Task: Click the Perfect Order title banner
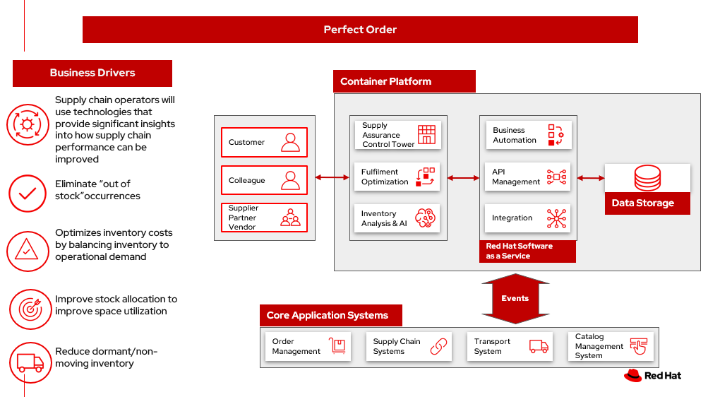[360, 30]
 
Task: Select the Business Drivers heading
[92, 73]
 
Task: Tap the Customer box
[264, 142]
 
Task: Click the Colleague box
[264, 180]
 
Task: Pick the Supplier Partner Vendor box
[264, 218]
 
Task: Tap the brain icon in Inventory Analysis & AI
[426, 218]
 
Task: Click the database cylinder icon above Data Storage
[647, 178]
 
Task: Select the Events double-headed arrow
[515, 298]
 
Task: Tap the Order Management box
[307, 346]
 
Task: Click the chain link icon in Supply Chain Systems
[439, 346]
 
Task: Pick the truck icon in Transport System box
[539, 346]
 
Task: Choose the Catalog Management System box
[610, 346]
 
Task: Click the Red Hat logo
[652, 376]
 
